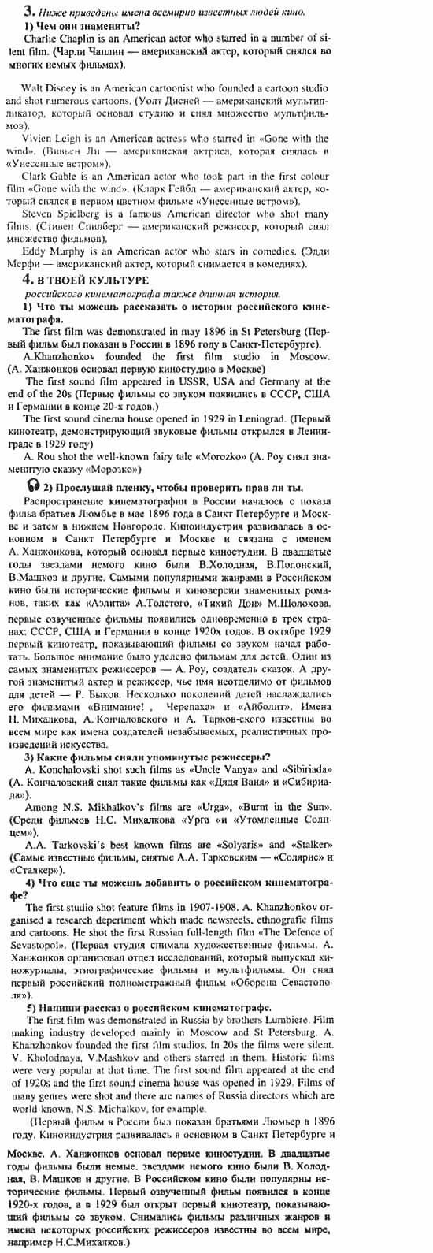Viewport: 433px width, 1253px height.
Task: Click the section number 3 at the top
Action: [x=28, y=12]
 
